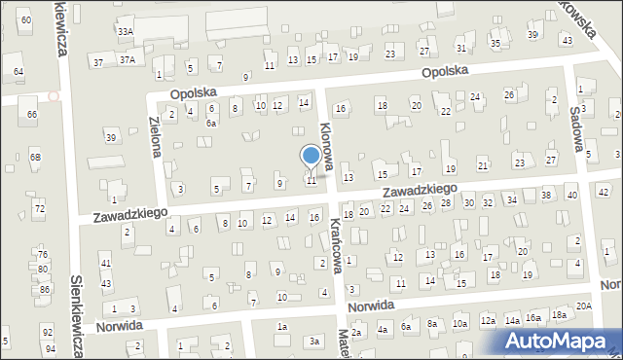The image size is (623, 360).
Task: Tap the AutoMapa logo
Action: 561,340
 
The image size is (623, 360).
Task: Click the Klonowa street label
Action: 328,145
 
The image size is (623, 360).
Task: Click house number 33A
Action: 126,32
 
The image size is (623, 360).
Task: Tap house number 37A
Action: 127,60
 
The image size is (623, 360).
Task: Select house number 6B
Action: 35,157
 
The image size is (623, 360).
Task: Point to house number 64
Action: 18,72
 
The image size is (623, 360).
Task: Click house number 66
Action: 32,115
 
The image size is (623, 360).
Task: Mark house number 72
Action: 40,209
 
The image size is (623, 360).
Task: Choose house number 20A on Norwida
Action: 583,306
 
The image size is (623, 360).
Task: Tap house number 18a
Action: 559,315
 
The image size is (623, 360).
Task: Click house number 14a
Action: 512,319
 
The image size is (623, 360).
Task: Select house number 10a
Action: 459,323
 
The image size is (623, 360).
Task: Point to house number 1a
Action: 282,327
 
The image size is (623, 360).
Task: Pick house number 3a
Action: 313,342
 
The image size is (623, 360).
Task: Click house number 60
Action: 25,19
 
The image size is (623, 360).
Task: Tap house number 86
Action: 44,290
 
